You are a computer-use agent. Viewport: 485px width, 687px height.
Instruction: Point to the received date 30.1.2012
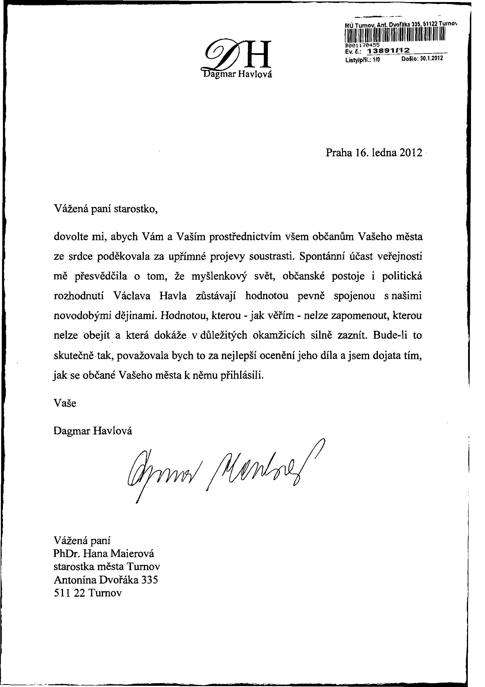click(430, 59)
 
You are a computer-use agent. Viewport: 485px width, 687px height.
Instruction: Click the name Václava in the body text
click(132, 296)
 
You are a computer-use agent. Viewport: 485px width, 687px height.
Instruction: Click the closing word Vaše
click(65, 403)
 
